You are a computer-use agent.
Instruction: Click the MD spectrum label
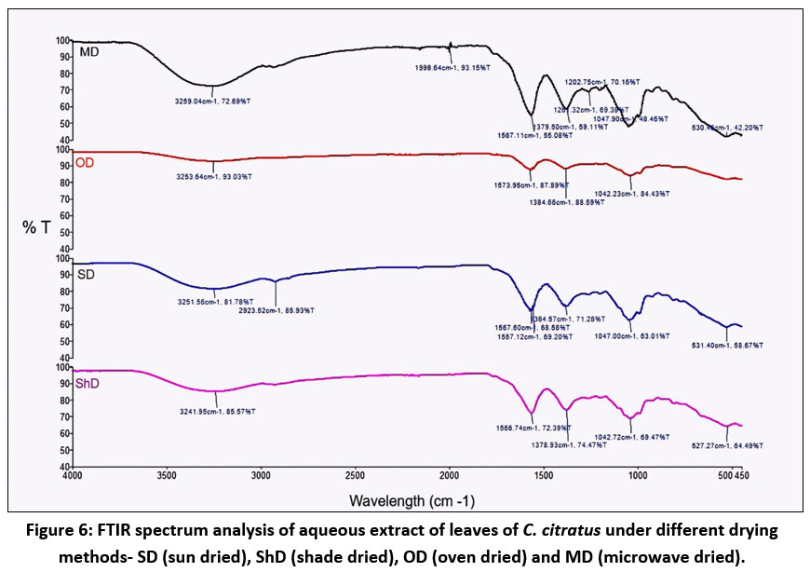(89, 51)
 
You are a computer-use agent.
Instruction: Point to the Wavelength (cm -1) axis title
(412, 501)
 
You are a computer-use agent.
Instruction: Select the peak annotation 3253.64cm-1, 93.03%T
(212, 176)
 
